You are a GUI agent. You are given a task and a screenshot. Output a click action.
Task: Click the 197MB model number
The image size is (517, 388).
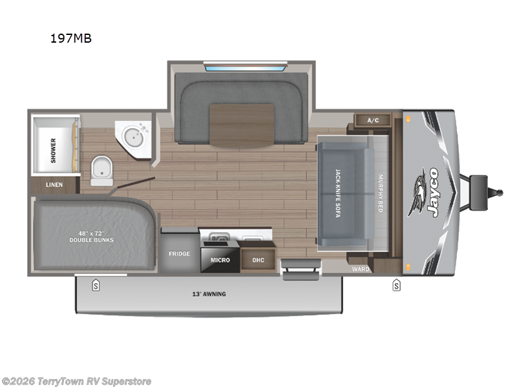point(71,38)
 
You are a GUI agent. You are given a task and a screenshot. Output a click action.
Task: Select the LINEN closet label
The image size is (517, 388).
point(54,185)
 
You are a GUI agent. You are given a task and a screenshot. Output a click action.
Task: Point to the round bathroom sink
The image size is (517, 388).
point(135,136)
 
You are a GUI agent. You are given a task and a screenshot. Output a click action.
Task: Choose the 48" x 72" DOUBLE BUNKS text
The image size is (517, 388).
point(92,236)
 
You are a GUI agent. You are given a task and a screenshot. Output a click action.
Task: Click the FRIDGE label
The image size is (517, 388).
point(179,253)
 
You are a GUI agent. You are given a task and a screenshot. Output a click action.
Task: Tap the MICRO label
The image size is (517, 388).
point(220,260)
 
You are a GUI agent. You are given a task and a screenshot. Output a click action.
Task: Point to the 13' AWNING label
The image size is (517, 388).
point(209,294)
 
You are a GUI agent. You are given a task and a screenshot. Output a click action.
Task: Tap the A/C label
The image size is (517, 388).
point(373,120)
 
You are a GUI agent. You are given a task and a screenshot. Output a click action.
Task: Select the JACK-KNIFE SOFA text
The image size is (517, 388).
point(337,193)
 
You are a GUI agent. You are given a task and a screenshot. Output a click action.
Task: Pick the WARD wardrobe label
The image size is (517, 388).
point(360,268)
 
